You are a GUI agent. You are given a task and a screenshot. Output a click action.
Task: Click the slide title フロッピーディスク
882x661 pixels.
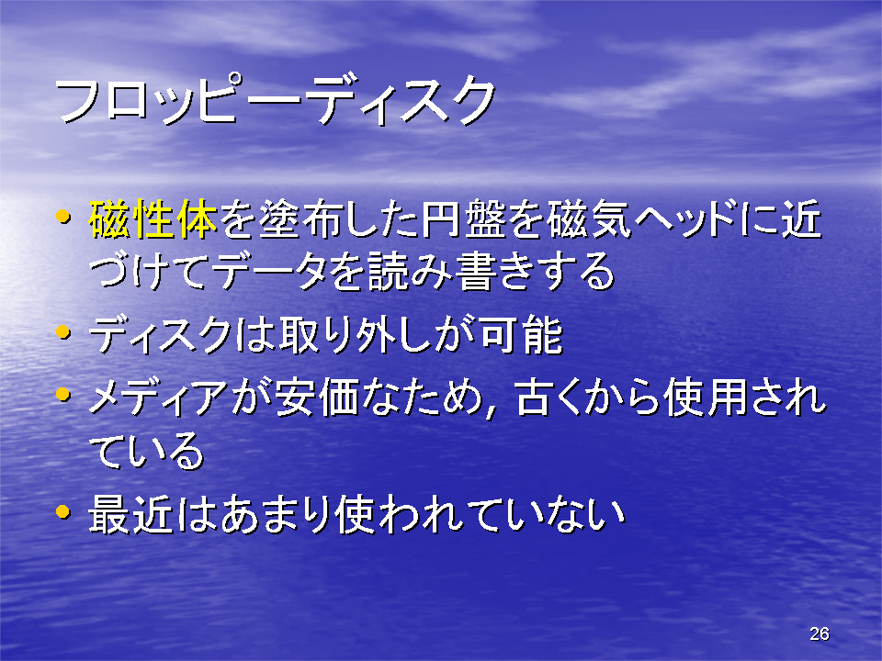275,100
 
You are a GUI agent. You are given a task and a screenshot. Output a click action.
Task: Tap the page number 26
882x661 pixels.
819,633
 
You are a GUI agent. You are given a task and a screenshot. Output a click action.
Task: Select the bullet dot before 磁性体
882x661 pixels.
63,216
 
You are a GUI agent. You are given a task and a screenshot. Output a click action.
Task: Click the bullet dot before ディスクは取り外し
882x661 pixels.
63,331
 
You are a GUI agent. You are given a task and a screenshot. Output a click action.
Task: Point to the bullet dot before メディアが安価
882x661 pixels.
63,394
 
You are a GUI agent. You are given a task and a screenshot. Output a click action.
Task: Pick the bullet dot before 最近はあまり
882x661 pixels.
63,511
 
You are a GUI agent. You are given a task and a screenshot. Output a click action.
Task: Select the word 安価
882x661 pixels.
317,398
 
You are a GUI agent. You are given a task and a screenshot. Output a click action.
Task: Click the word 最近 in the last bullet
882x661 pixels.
130,514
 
